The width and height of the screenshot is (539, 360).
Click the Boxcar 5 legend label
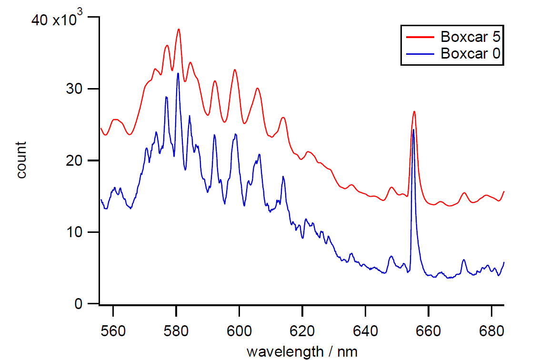coord(470,37)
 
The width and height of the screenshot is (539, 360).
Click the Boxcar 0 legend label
coord(470,53)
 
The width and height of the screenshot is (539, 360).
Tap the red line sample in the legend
coord(419,37)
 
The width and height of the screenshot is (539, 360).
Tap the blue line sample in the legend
coord(419,53)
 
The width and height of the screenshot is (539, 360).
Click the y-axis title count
coord(21,160)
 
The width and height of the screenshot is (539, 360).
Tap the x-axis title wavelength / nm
coord(301,352)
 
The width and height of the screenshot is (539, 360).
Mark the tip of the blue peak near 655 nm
coord(413,129)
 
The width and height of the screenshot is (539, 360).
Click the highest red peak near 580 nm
coord(179,29)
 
